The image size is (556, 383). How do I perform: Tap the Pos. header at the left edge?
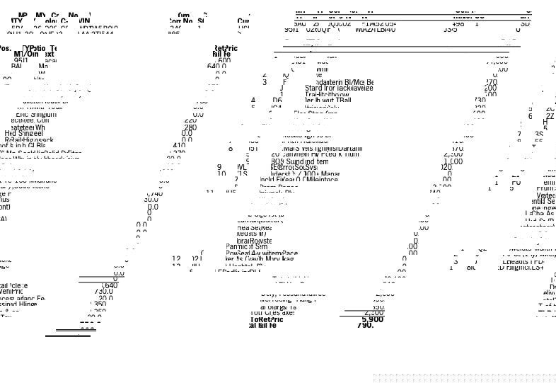5,49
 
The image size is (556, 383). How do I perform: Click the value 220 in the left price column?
190,120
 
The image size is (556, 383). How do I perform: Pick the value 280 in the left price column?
190,128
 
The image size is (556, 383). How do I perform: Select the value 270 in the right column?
490,82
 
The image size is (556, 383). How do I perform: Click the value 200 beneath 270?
490,88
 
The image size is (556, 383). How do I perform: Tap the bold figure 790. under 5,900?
365,326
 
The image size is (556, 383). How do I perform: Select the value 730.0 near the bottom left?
103,291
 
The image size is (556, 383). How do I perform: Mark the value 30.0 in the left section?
151,200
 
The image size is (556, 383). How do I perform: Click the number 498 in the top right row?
458,24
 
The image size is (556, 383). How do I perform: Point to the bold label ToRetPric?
267,319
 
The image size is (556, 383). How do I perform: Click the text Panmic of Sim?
247,246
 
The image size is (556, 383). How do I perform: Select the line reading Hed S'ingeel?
24,133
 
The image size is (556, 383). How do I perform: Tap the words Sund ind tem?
306,161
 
